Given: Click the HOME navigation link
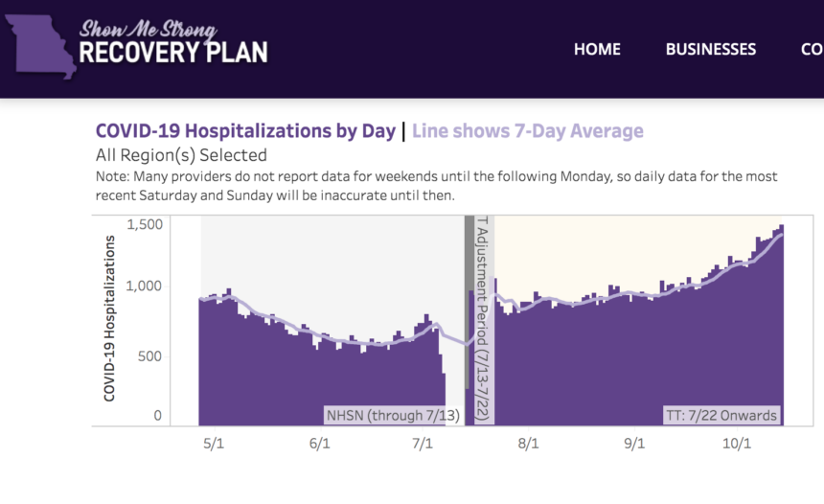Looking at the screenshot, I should click(597, 49).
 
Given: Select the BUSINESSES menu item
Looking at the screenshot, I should click(710, 49).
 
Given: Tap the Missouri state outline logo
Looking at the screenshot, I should click(39, 48).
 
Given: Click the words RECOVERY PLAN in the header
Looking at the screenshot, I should click(173, 52).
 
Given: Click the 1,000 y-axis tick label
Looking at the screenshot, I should click(147, 286).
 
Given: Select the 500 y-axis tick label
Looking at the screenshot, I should click(151, 356).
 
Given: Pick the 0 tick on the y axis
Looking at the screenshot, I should click(157, 417).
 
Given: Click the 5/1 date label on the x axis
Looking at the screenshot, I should click(215, 445).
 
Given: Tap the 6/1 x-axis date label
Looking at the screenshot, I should click(320, 445).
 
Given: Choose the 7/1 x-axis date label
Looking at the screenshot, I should click(423, 445).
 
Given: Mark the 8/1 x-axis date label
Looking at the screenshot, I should click(528, 445).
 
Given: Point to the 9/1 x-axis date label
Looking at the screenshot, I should click(633, 445).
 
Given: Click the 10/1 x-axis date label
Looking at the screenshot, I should click(736, 445).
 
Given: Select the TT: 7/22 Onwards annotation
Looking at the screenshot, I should click(721, 416).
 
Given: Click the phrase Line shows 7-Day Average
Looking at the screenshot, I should click(528, 131).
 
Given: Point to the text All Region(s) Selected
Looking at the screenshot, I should click(181, 155).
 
